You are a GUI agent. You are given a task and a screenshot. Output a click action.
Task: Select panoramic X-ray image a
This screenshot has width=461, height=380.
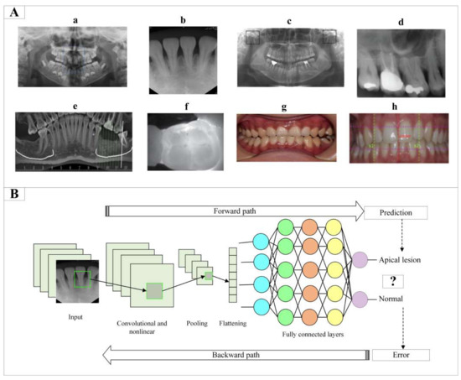pos(72,57)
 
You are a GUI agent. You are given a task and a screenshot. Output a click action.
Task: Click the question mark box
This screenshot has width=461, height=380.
pos(394,280)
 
